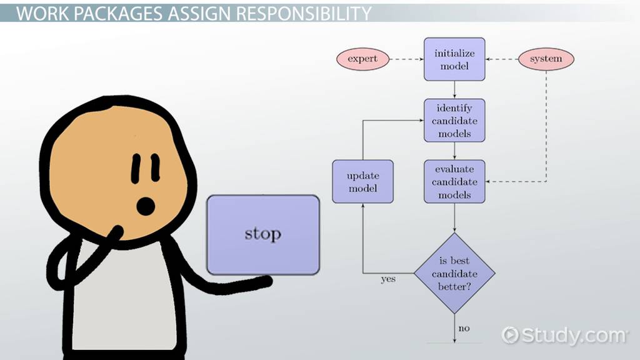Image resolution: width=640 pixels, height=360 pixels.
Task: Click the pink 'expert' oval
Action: (x=362, y=59)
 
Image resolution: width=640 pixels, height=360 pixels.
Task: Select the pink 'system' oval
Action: (x=546, y=59)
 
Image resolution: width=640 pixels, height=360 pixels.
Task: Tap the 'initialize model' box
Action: (x=454, y=59)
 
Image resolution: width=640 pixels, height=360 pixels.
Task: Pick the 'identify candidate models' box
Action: (x=454, y=121)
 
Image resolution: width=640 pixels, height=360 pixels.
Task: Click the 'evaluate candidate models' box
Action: (x=454, y=182)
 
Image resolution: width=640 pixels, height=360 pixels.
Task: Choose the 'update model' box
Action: (x=363, y=182)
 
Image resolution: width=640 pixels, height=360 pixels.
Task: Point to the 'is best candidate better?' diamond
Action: (x=454, y=273)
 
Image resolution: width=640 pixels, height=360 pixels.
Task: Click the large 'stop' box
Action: (x=263, y=235)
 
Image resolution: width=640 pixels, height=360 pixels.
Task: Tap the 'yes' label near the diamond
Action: (x=388, y=279)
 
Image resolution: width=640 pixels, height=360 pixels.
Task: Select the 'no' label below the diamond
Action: (x=464, y=328)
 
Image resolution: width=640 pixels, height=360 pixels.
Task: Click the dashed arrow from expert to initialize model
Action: (x=406, y=59)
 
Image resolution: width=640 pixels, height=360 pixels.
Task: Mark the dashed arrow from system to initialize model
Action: (x=502, y=59)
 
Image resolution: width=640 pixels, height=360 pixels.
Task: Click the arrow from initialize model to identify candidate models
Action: (x=454, y=90)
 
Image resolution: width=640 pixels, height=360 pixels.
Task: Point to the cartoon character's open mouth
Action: (x=146, y=206)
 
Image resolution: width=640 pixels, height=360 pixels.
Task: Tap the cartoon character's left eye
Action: (x=136, y=169)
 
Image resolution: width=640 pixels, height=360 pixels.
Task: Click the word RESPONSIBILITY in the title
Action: (x=304, y=14)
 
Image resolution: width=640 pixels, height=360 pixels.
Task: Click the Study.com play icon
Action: (x=510, y=335)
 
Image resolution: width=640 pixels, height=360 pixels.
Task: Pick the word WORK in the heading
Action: (x=43, y=14)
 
